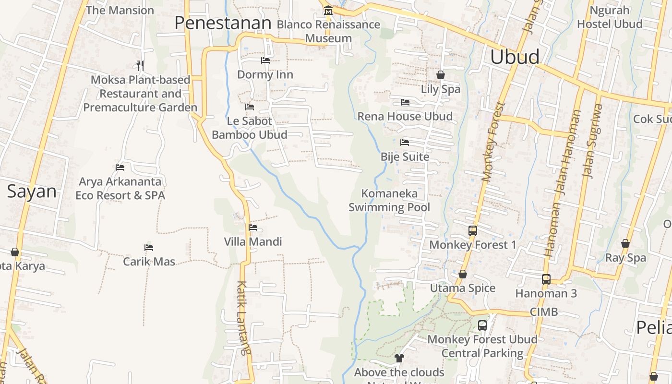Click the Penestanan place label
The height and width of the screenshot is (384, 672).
(x=223, y=23)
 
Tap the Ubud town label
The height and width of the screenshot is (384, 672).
(x=515, y=57)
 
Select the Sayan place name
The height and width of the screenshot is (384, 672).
(x=32, y=192)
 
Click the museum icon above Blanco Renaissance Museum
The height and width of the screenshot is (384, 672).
(x=328, y=10)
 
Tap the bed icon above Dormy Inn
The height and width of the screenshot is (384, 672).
(x=265, y=60)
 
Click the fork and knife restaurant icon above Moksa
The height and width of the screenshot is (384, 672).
(x=140, y=65)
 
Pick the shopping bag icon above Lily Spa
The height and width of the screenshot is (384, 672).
(x=441, y=75)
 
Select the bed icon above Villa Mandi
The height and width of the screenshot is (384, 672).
(x=253, y=228)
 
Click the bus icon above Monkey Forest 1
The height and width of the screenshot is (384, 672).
(x=473, y=231)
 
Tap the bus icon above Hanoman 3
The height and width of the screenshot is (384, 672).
(x=546, y=279)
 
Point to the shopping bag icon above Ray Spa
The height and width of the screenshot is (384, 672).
(x=625, y=244)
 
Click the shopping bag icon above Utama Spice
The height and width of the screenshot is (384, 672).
(x=463, y=274)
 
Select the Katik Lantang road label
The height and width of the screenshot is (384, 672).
(x=244, y=317)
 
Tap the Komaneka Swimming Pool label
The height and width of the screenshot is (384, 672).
(x=389, y=201)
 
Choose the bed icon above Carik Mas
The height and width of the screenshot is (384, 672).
(x=149, y=248)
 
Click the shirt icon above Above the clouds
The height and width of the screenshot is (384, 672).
(x=399, y=358)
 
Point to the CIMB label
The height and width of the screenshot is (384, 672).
(x=544, y=312)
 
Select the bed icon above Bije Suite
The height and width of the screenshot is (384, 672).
(x=405, y=143)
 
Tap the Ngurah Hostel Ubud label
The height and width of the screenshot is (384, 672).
(x=610, y=17)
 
